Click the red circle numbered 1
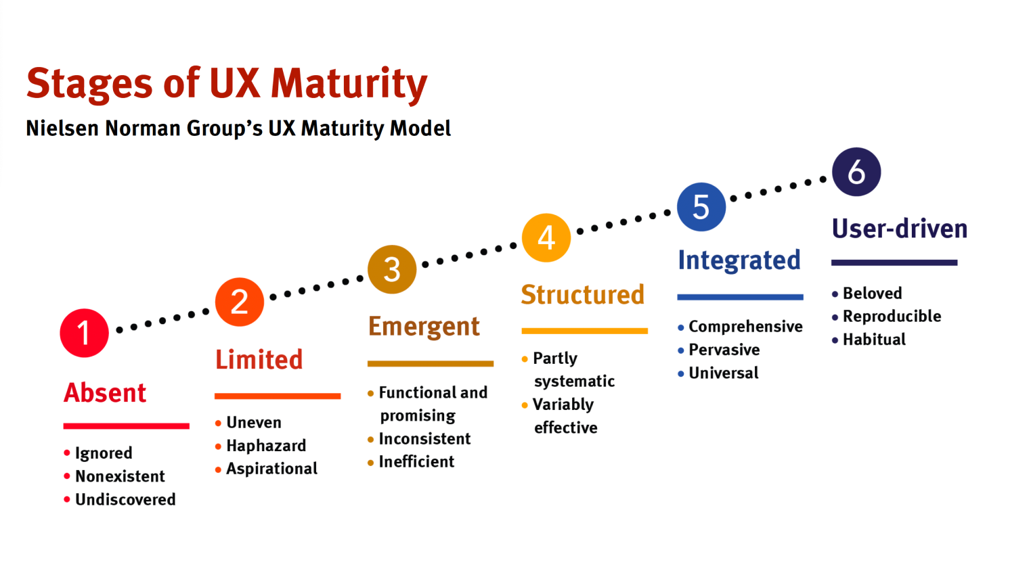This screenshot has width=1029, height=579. pyautogui.click(x=84, y=333)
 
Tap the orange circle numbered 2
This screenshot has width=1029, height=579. pyautogui.click(x=240, y=302)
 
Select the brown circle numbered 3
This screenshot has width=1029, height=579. pyautogui.click(x=392, y=269)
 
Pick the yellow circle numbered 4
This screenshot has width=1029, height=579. pyautogui.click(x=546, y=237)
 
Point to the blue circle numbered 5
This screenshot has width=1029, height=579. pyautogui.click(x=701, y=207)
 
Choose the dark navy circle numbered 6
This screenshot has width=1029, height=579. pyautogui.click(x=856, y=172)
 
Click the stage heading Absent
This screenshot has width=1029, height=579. pyautogui.click(x=105, y=393)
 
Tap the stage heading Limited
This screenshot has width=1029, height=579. pyautogui.click(x=259, y=360)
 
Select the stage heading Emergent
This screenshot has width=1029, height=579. pyautogui.click(x=424, y=327)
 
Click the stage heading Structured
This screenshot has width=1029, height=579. pyautogui.click(x=582, y=295)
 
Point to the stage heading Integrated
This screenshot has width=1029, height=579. pyautogui.click(x=739, y=260)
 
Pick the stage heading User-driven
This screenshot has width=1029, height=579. pyautogui.click(x=900, y=229)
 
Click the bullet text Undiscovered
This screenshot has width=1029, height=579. pyautogui.click(x=125, y=499)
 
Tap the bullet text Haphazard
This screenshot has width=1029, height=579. pyautogui.click(x=266, y=446)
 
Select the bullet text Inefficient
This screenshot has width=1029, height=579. pyautogui.click(x=416, y=462)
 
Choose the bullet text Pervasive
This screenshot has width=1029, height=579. pyautogui.click(x=724, y=350)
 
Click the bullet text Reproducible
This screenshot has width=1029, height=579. pyautogui.click(x=892, y=317)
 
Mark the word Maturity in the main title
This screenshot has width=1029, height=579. pyautogui.click(x=349, y=84)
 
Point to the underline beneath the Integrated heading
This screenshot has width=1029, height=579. pyautogui.click(x=740, y=297)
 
